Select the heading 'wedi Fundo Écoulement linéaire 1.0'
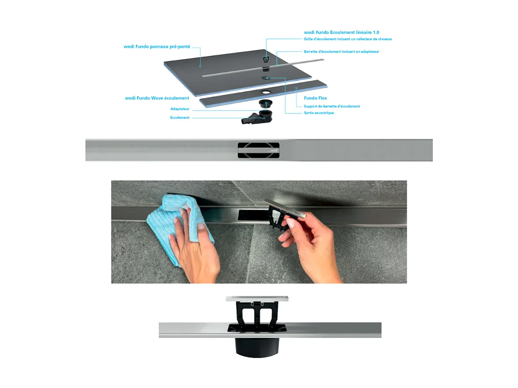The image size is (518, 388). pos(342,33)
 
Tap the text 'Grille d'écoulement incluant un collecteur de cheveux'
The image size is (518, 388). pos(348,39)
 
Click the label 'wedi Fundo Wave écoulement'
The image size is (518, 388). pos(157,98)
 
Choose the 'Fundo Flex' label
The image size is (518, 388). pos(316,98)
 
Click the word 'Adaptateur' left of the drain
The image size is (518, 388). pos(180,109)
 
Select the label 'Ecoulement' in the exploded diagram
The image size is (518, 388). pos(180,118)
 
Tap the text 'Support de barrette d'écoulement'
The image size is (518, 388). pos(331,106)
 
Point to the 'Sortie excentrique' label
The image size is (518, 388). pos(318,113)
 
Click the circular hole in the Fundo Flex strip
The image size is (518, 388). pos(266,92)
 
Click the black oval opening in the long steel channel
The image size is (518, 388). pos(258,150)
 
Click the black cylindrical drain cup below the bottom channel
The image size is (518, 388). pos(257,347)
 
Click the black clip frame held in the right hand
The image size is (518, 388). pos(278,219)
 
